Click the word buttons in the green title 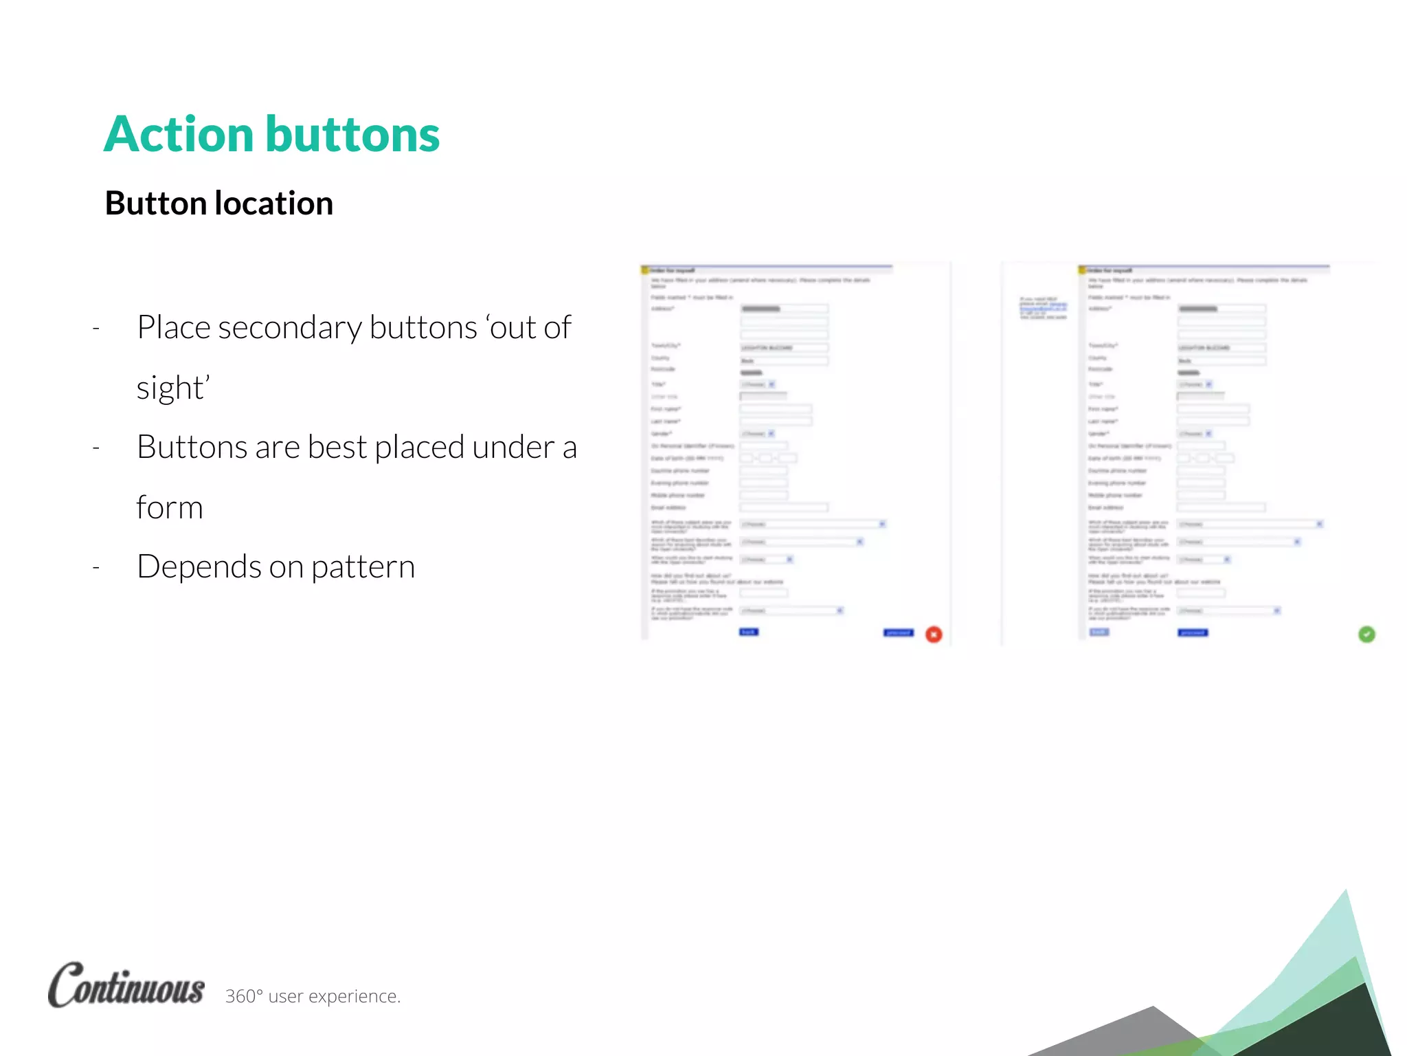[x=352, y=134]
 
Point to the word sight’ [x=172, y=388]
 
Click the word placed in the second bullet [x=419, y=448]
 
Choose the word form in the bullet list [x=170, y=508]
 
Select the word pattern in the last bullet [x=363, y=567]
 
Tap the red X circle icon [x=934, y=635]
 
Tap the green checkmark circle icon [x=1366, y=635]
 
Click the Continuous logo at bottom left [x=126, y=985]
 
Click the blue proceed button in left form [x=898, y=632]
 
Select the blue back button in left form [x=748, y=632]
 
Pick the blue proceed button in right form [x=1193, y=632]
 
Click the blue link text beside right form [x=1043, y=308]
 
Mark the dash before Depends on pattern [x=96, y=568]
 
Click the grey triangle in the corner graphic [x=1134, y=1031]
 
